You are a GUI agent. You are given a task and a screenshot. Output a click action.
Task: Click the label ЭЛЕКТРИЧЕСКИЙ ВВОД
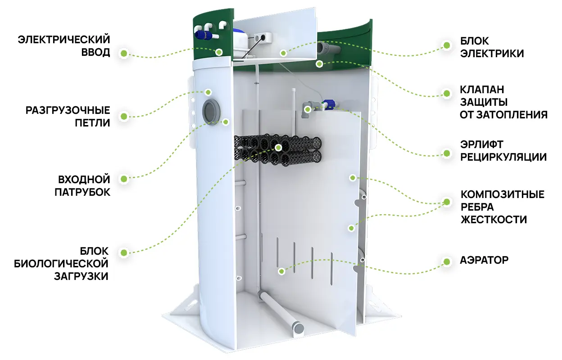[x=64, y=46]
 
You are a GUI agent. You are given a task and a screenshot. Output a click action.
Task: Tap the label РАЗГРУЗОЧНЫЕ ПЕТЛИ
[x=68, y=117]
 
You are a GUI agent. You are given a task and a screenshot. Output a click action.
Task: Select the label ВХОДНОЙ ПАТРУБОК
[x=82, y=186]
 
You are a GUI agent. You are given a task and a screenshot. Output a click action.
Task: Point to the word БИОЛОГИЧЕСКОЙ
[x=61, y=264]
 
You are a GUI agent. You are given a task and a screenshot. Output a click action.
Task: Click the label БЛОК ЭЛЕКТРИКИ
[x=492, y=47]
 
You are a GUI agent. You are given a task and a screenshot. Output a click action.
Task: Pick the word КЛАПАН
[x=481, y=90]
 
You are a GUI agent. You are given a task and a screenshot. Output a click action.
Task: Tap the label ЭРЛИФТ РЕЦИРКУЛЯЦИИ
[x=503, y=151]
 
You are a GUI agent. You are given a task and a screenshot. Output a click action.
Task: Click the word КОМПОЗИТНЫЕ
[x=503, y=194]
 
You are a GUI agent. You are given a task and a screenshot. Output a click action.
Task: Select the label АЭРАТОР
[x=484, y=260]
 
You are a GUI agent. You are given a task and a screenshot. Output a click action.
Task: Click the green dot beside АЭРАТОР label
[x=447, y=262]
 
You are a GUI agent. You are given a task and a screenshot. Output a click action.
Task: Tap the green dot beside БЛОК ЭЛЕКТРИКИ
[x=447, y=45]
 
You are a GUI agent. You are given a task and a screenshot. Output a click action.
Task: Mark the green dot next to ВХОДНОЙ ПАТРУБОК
[x=124, y=179]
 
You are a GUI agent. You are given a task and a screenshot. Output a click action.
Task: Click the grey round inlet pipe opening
[x=211, y=111]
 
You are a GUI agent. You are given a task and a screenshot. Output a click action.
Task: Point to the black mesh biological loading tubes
[x=277, y=150]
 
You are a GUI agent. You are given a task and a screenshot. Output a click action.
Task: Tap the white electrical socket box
[x=263, y=38]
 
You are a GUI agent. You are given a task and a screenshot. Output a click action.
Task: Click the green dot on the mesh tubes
[x=278, y=148]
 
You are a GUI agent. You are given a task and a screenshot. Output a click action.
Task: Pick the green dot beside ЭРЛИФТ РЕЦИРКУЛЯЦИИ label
[x=447, y=153]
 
